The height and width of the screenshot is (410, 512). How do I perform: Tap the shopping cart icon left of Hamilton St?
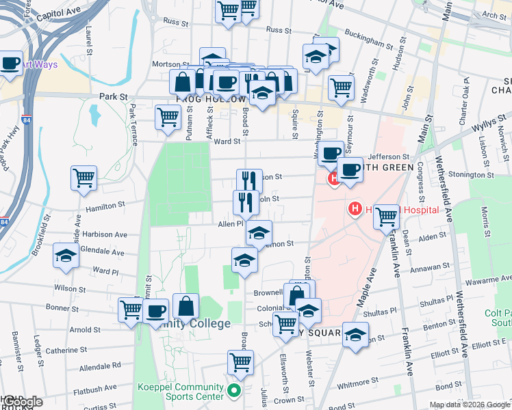84,178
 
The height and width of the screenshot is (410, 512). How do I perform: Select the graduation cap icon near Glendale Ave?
66,256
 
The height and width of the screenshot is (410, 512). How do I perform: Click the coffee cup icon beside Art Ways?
10,64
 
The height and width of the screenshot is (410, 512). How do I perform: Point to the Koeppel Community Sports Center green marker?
234,392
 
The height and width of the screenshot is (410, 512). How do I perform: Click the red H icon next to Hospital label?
355,208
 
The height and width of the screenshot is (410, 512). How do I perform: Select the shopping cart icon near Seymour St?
340,87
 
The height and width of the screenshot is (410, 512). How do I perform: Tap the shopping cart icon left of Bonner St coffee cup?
130,308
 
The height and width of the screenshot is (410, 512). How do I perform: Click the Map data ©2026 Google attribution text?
470,405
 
